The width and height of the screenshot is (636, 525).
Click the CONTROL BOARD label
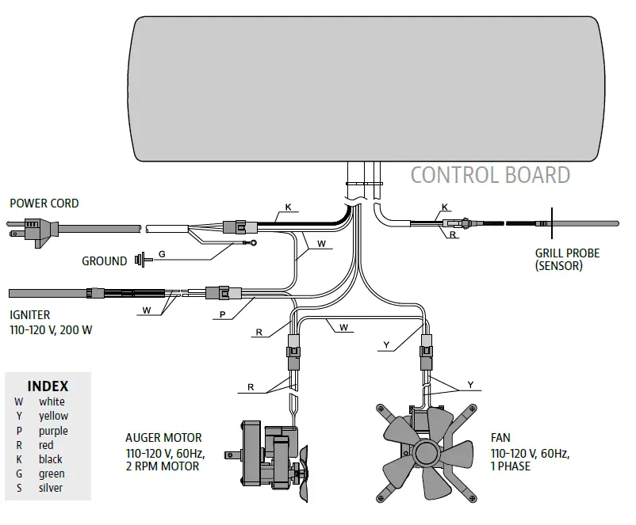pyautogui.click(x=489, y=175)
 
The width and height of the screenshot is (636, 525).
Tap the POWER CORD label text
pyautogui.click(x=44, y=204)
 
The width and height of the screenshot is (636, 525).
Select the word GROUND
pyautogui.click(x=104, y=261)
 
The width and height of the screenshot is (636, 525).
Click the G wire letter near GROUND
pyautogui.click(x=162, y=254)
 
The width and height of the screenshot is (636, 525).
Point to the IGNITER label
pyautogui.click(x=29, y=315)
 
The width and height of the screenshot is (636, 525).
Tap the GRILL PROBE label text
pyautogui.click(x=567, y=253)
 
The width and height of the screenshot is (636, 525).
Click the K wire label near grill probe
pyautogui.click(x=444, y=207)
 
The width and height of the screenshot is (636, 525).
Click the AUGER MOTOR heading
pyautogui.click(x=163, y=437)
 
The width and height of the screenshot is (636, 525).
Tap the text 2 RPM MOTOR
pyautogui.click(x=162, y=466)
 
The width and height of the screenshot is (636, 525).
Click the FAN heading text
pyautogui.click(x=500, y=437)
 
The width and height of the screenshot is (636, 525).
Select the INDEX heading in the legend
pyautogui.click(x=48, y=386)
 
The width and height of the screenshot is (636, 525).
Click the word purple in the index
pyautogui.click(x=53, y=431)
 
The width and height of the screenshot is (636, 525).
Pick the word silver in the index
pyautogui.click(x=51, y=488)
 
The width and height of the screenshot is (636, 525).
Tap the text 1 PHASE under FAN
pyautogui.click(x=511, y=466)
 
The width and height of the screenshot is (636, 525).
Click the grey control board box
pyautogui.click(x=365, y=87)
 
